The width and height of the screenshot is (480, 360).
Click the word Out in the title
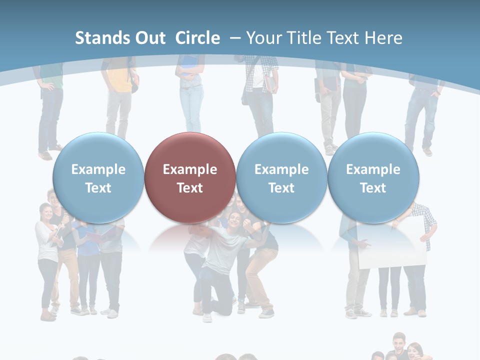150,38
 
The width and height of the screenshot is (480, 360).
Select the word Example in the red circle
190,169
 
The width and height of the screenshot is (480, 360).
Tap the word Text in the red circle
190,188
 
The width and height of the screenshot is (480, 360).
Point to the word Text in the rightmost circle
373,188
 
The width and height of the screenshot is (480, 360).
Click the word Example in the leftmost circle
98,169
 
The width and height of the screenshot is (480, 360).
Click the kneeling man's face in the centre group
233,219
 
